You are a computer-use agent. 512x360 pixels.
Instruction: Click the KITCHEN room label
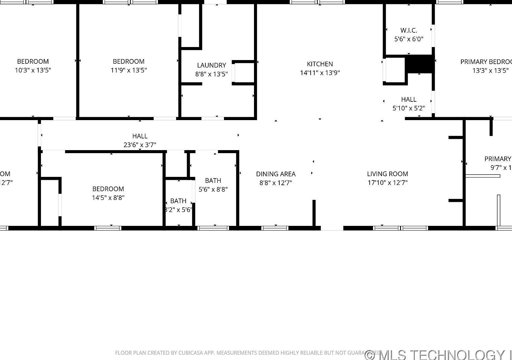point(320,64)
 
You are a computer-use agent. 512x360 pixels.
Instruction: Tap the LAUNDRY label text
point(211,65)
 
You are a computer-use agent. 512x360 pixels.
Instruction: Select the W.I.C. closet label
point(409,30)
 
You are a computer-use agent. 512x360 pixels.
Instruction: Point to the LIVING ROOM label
point(387,174)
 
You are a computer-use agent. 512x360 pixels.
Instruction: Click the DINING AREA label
point(276,174)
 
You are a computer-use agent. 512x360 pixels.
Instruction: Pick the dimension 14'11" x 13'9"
point(320,73)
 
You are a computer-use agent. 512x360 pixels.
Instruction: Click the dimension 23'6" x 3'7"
point(140,145)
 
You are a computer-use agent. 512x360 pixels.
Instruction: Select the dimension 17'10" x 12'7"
point(387,183)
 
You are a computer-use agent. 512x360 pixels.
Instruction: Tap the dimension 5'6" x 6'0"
point(409,39)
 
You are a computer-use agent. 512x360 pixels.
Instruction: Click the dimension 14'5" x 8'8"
point(108,198)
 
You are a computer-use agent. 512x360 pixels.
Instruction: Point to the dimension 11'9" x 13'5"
point(129,70)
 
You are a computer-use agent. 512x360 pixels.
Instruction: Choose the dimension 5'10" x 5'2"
point(409,108)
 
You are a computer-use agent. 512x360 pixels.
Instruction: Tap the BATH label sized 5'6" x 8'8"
point(213,181)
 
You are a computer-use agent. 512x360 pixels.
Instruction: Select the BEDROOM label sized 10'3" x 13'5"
point(33,61)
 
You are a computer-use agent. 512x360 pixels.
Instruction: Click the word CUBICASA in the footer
point(192,353)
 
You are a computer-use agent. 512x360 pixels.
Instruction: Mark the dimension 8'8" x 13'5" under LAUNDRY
point(211,74)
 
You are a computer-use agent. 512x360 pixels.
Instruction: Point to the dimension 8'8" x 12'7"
point(276,183)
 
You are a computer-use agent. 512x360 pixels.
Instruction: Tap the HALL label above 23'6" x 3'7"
point(140,136)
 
